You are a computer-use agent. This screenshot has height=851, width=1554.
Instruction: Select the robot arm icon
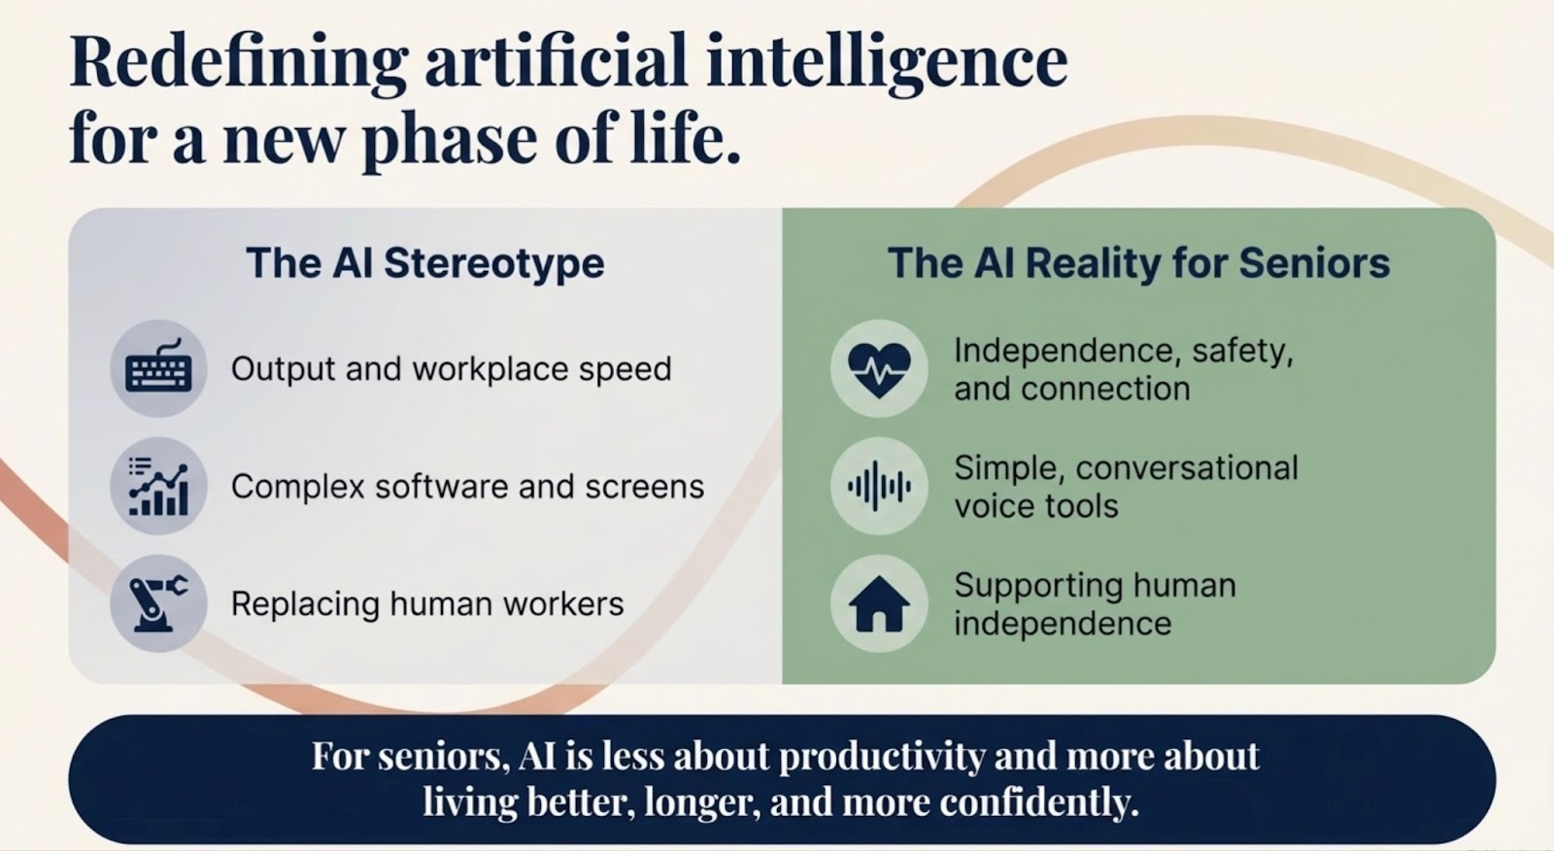pyautogui.click(x=159, y=602)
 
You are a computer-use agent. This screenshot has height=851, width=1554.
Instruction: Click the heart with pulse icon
pyautogui.click(x=879, y=370)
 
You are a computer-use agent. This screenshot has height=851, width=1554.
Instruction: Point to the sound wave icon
pyautogui.click(x=879, y=486)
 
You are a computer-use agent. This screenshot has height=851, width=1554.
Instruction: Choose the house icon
pyautogui.click(x=879, y=604)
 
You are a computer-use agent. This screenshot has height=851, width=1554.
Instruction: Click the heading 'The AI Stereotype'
pyautogui.click(x=425, y=263)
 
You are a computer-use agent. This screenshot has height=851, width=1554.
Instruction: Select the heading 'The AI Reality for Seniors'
pyautogui.click(x=1139, y=263)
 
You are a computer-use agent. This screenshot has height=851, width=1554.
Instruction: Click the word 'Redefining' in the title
pyautogui.click(x=239, y=63)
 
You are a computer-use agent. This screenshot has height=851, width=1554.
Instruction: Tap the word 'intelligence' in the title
pyautogui.click(x=887, y=63)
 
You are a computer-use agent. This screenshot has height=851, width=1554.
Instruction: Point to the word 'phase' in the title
pyautogui.click(x=450, y=140)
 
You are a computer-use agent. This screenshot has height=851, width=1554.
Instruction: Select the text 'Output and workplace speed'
pyautogui.click(x=451, y=368)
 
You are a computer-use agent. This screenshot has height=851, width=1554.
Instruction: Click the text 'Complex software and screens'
pyautogui.click(x=467, y=486)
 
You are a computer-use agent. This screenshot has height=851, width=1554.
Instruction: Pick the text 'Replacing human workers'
pyautogui.click(x=427, y=603)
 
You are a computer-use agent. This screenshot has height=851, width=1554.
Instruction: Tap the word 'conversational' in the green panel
pyautogui.click(x=1187, y=468)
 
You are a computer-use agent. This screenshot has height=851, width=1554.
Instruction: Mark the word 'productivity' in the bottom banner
pyautogui.click(x=881, y=758)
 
